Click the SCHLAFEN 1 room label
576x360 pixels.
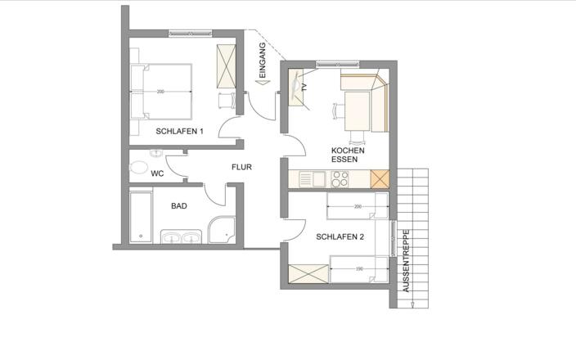point(179,131)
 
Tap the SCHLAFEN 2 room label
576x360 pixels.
point(340,237)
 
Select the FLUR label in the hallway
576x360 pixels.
point(241,167)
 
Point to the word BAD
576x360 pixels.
point(179,206)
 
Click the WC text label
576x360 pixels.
point(157,173)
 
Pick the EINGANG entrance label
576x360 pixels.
point(263,60)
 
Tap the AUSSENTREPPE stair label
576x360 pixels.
point(406,261)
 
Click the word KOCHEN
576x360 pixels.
point(348,151)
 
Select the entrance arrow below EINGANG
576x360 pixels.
point(263,83)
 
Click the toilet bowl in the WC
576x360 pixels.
point(138,167)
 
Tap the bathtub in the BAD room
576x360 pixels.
point(141,217)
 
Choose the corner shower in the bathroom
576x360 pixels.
point(222,230)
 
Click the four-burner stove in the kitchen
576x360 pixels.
point(340,179)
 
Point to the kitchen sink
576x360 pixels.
point(313,179)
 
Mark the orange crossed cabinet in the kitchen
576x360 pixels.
point(380,179)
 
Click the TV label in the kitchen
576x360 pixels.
point(304,88)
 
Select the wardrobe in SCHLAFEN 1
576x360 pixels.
point(226,66)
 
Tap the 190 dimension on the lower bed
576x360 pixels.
point(359,269)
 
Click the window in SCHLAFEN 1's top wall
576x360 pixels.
point(191,34)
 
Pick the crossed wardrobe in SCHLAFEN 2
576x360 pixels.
point(308,274)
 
